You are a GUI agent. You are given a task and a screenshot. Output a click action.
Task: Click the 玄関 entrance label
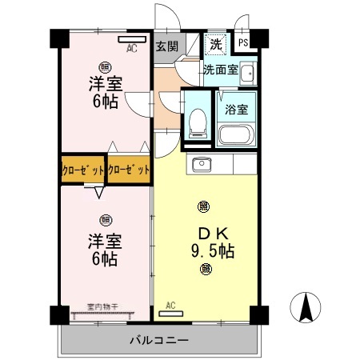[167, 45]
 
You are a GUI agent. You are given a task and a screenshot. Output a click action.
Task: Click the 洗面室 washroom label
[220, 70]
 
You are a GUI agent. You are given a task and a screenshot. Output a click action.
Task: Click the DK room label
[206, 234]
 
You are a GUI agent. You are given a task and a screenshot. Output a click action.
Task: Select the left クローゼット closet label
[83, 170]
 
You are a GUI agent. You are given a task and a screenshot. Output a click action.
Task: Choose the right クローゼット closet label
[129, 170]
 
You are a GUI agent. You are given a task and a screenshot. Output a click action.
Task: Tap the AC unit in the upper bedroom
[130, 38]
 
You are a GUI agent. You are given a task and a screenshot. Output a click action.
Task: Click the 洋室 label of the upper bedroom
[105, 84]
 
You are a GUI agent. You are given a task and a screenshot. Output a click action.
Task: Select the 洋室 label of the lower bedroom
[104, 240]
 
